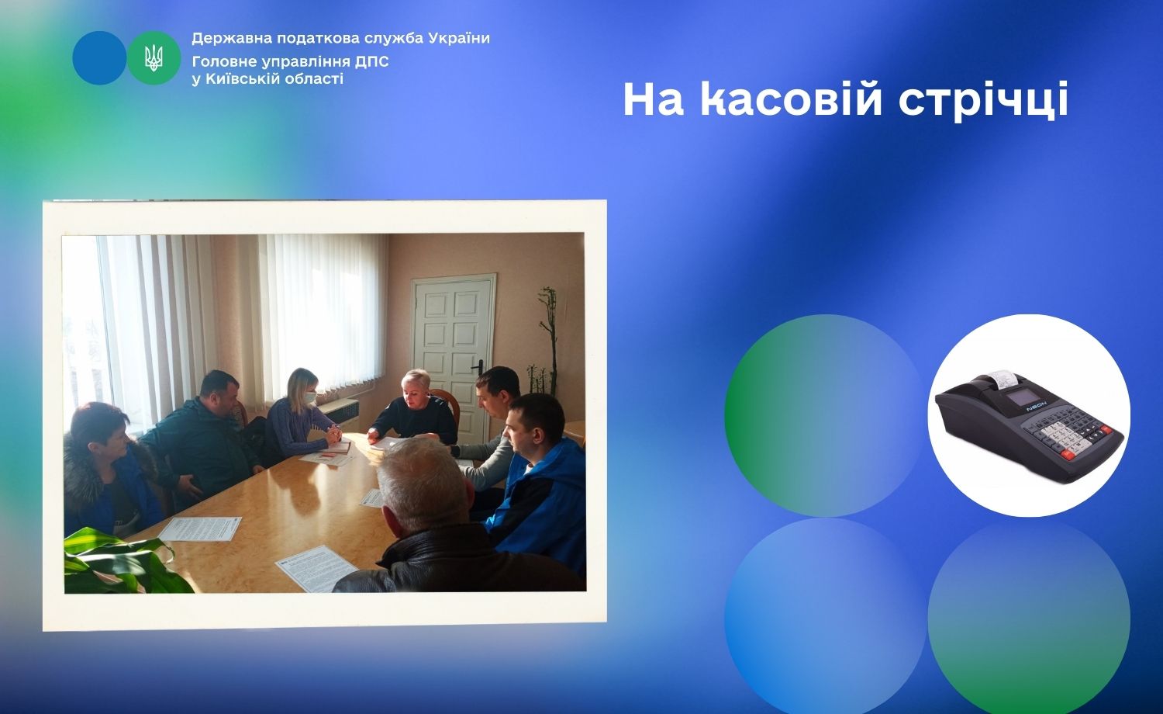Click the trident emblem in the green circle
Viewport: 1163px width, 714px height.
click(154, 57)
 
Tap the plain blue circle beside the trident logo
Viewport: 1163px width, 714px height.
click(99, 57)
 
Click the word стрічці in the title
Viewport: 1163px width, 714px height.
click(983, 100)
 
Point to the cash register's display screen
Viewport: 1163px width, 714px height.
click(1020, 397)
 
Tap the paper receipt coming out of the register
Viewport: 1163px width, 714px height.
click(1002, 378)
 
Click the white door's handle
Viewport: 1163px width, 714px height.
click(478, 366)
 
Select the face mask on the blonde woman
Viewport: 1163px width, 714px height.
click(310, 397)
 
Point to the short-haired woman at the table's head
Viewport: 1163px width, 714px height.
click(416, 408)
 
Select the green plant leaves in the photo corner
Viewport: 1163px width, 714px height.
click(120, 562)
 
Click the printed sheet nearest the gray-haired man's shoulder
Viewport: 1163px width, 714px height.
click(316, 569)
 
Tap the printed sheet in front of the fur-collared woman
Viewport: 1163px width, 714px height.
click(200, 529)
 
